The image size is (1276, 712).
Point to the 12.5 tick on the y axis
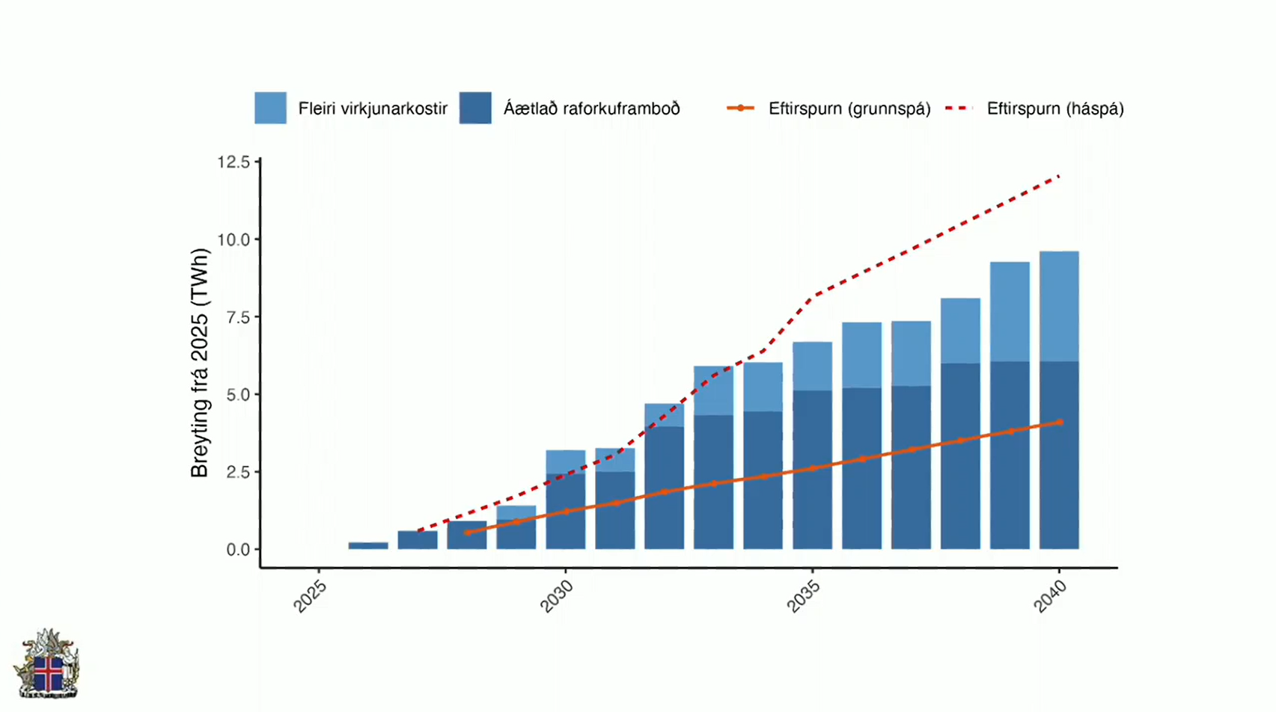tap(233, 162)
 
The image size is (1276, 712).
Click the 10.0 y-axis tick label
tap(233, 240)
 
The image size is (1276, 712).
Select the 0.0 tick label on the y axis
tap(238, 550)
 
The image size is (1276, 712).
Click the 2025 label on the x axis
tap(310, 597)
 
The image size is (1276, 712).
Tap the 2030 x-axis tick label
tap(556, 597)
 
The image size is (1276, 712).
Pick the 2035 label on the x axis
tap(804, 597)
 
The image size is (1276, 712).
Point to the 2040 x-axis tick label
tap(1050, 597)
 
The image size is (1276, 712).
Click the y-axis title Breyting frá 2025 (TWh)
tap(200, 363)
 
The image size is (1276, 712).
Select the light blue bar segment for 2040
tap(1059, 307)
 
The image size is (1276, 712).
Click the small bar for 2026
tap(368, 545)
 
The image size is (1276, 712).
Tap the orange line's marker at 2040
tap(1060, 422)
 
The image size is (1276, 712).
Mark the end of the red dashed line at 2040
tap(1059, 177)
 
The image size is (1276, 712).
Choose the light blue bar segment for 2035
tap(812, 366)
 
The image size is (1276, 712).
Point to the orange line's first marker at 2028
tap(467, 533)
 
